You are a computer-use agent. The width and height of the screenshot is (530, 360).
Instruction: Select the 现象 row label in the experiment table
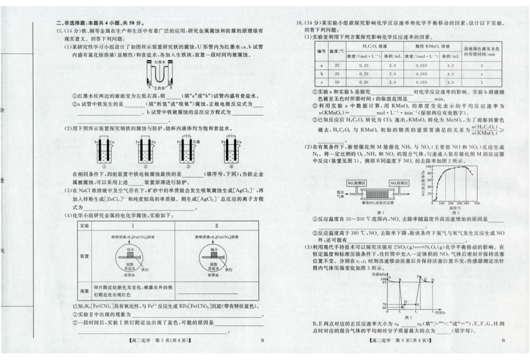(85, 291)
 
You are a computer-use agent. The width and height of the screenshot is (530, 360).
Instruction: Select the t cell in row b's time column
(481, 73)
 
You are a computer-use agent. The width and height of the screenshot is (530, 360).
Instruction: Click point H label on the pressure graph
(433, 279)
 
